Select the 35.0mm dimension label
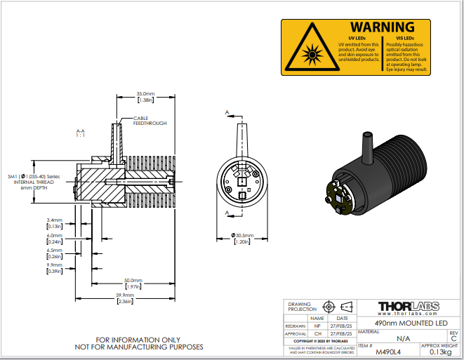[x=145, y=93]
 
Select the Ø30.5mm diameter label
[x=242, y=235]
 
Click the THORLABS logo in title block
[x=409, y=307]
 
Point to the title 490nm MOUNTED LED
[x=411, y=322]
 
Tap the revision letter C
[x=453, y=338]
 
